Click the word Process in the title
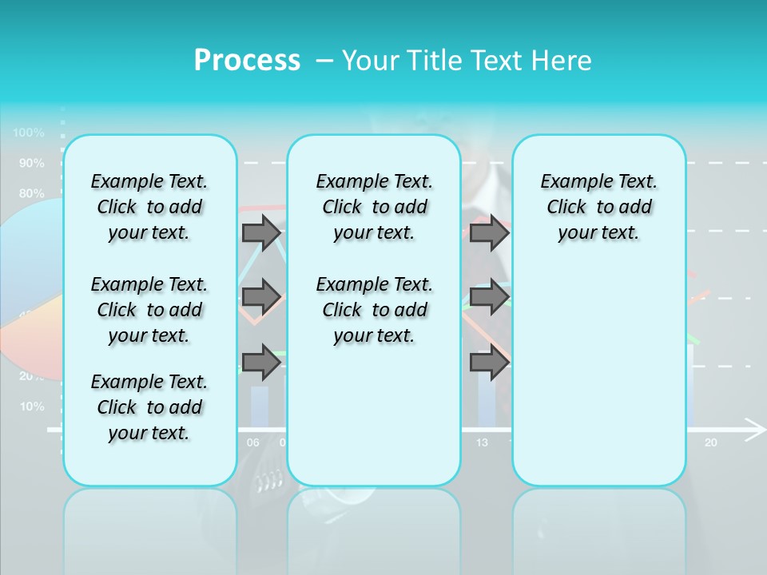pyautogui.click(x=247, y=61)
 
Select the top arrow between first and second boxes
pyautogui.click(x=261, y=232)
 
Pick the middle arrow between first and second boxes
pyautogui.click(x=261, y=297)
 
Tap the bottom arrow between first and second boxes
pyautogui.click(x=261, y=363)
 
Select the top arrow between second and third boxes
pyautogui.click(x=489, y=232)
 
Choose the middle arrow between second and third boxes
pyautogui.click(x=489, y=297)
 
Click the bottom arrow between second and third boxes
pyautogui.click(x=489, y=363)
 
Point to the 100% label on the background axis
pyautogui.click(x=29, y=133)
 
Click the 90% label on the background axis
pyautogui.click(x=32, y=163)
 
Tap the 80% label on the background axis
pyautogui.click(x=32, y=193)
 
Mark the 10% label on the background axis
pyautogui.click(x=32, y=406)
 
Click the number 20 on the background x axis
pyautogui.click(x=710, y=442)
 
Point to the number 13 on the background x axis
pyautogui.click(x=482, y=442)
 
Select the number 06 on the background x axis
pyautogui.click(x=252, y=442)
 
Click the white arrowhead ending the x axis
pyautogui.click(x=754, y=430)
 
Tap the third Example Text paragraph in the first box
pyautogui.click(x=149, y=407)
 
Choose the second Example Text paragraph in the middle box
pyautogui.click(x=374, y=310)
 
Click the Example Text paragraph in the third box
pyautogui.click(x=598, y=207)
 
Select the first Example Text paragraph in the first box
pyautogui.click(x=149, y=207)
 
